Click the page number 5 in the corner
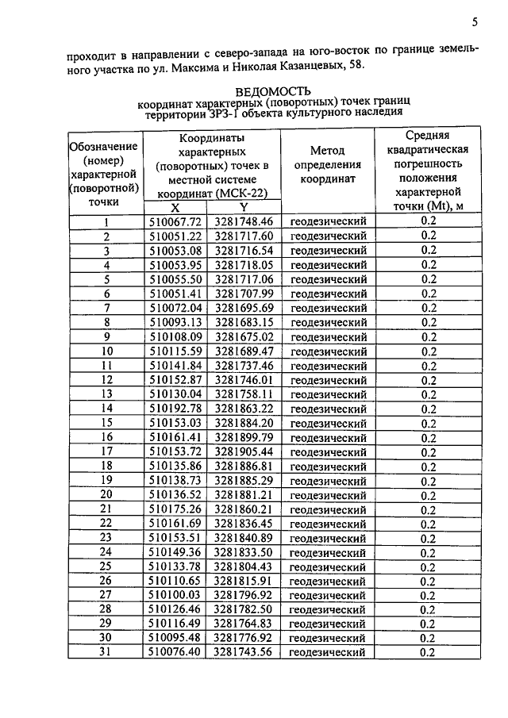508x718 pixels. pyautogui.click(x=475, y=21)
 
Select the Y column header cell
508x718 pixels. pyautogui.click(x=243, y=208)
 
